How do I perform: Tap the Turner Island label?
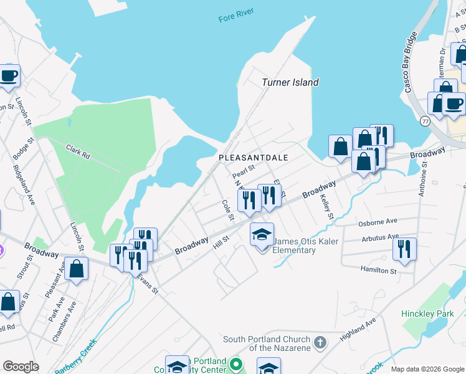tap(290, 82)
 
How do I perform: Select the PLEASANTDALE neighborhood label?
tap(253, 158)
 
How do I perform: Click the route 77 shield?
tap(425, 120)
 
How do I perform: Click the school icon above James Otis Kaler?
tap(262, 235)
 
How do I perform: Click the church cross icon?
tap(320, 342)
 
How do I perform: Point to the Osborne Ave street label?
tap(378, 222)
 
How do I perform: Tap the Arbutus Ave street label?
tap(379, 237)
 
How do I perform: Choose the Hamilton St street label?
tap(378, 270)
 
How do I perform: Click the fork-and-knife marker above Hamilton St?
tap(404, 249)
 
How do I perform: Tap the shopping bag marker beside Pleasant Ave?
tap(76, 269)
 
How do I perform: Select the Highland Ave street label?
tap(358, 329)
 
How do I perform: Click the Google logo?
tap(21, 367)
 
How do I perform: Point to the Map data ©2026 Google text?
tap(427, 369)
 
